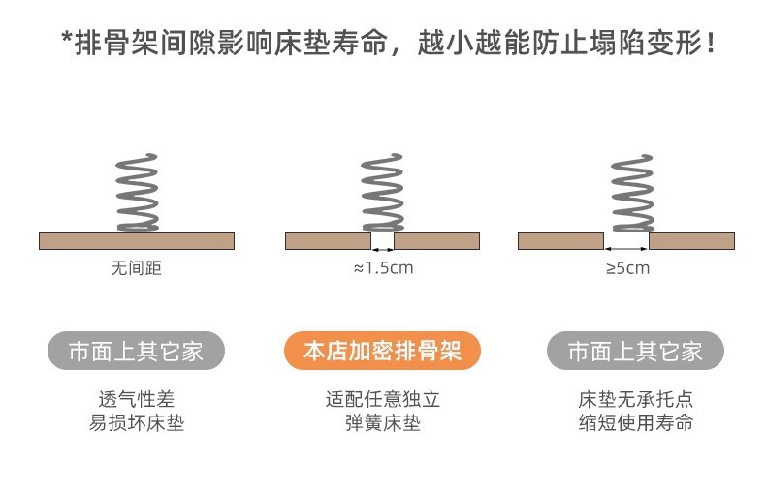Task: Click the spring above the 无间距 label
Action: [137, 192]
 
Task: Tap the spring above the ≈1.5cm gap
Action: [382, 192]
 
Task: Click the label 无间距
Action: [137, 267]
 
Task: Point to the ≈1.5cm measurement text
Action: [383, 267]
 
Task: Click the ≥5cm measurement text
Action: [627, 267]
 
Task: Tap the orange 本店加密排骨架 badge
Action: [382, 351]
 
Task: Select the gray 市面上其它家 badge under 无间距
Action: [136, 351]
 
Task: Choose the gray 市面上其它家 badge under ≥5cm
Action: [635, 351]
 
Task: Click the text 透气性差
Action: [137, 399]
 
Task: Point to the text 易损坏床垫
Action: [137, 423]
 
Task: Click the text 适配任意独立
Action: [383, 399]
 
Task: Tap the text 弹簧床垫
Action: [383, 423]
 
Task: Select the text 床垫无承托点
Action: [635, 399]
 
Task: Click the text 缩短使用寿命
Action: [635, 423]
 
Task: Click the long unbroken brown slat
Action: [137, 241]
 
